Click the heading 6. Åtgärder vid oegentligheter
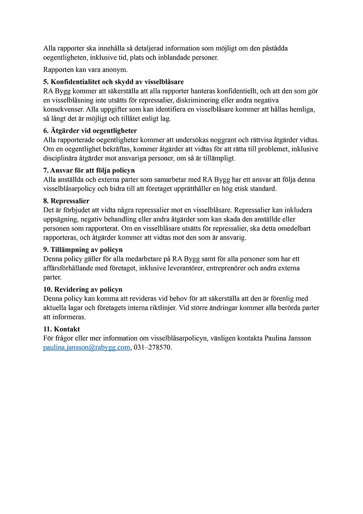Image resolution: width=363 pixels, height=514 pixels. (90, 131)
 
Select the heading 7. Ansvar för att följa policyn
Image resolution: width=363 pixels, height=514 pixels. (89, 170)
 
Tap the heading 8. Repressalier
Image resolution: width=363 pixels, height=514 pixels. (66, 201)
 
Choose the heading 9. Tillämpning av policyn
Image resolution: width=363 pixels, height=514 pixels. (83, 250)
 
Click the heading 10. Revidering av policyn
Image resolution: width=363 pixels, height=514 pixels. (83, 289)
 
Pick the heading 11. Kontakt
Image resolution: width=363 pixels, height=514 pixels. (62, 329)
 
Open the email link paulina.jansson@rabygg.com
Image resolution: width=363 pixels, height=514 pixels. (87, 348)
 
